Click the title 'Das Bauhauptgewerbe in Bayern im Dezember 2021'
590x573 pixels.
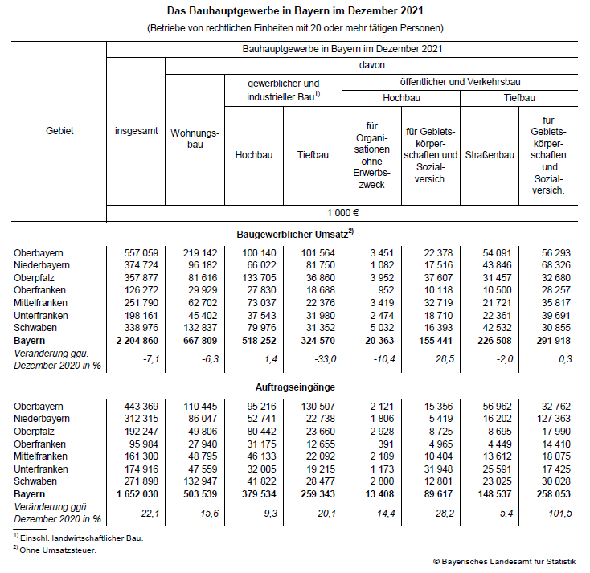(295, 11)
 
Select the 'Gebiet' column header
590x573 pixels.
(60, 129)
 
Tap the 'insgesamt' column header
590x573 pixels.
(136, 129)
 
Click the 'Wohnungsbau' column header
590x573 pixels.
(195, 138)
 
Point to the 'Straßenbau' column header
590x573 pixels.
(489, 155)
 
